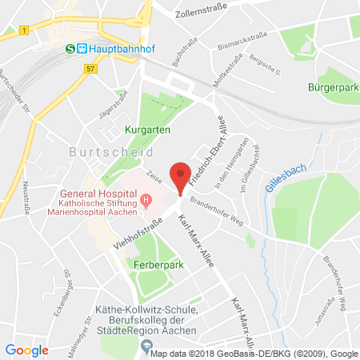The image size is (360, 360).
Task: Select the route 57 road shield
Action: point(86,70)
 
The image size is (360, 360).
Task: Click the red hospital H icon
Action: point(145,199)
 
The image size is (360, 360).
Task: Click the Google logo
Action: point(27,350)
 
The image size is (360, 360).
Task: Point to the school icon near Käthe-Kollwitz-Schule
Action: point(145,346)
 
